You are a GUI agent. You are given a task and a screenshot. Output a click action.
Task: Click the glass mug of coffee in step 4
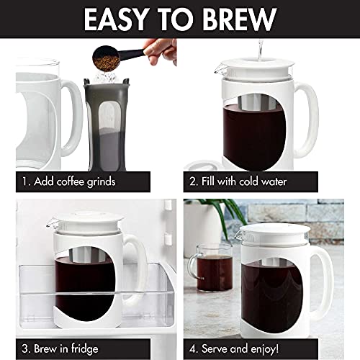pyautogui.click(x=208, y=274)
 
